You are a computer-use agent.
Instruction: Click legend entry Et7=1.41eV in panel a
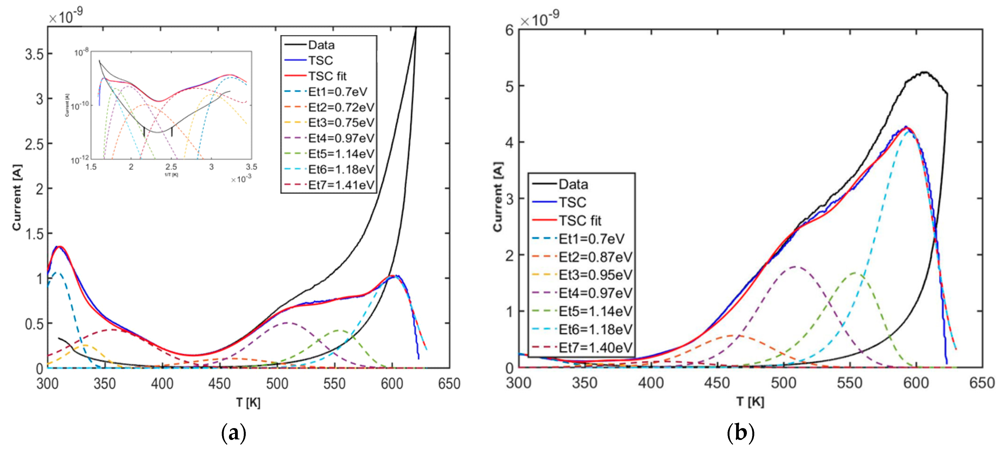(341, 185)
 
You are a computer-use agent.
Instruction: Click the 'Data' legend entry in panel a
(321, 45)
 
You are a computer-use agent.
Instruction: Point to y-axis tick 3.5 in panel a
(34, 54)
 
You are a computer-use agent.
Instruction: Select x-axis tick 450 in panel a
(219, 384)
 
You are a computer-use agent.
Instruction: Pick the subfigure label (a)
(233, 433)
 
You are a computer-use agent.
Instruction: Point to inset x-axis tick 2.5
(171, 167)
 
